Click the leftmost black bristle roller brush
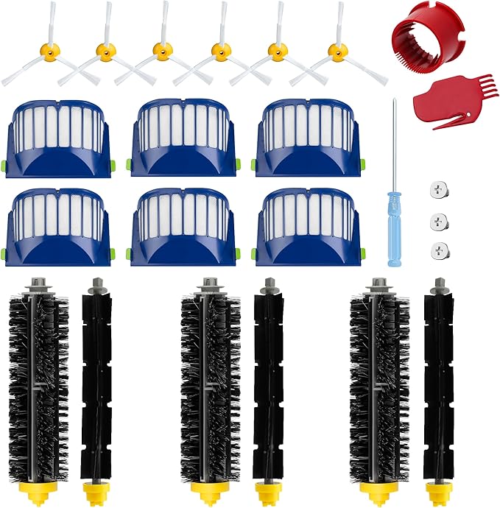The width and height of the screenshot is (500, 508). pos(39,383)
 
